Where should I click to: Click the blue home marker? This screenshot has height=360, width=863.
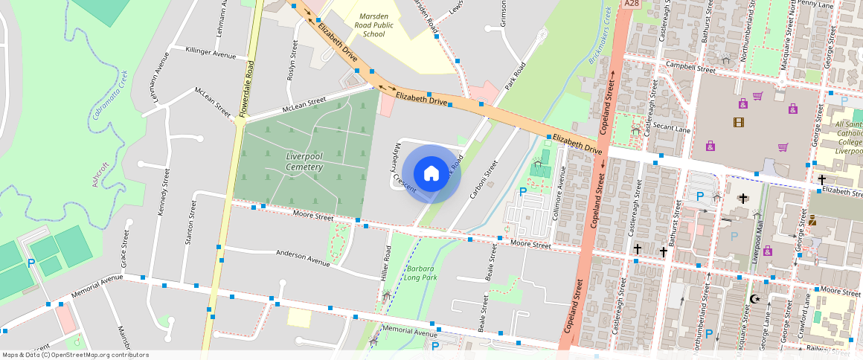tap(431, 174)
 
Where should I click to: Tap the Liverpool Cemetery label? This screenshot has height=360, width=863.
tap(305, 161)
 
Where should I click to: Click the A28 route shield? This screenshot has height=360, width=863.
tap(632, 4)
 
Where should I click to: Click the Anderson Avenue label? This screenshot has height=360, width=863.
tap(302, 257)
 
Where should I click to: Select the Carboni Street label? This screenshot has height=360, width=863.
tap(484, 179)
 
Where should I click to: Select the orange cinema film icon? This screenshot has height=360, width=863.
tap(738, 122)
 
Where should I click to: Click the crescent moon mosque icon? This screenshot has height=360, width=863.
tap(755, 299)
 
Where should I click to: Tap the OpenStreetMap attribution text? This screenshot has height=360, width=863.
tap(75, 355)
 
